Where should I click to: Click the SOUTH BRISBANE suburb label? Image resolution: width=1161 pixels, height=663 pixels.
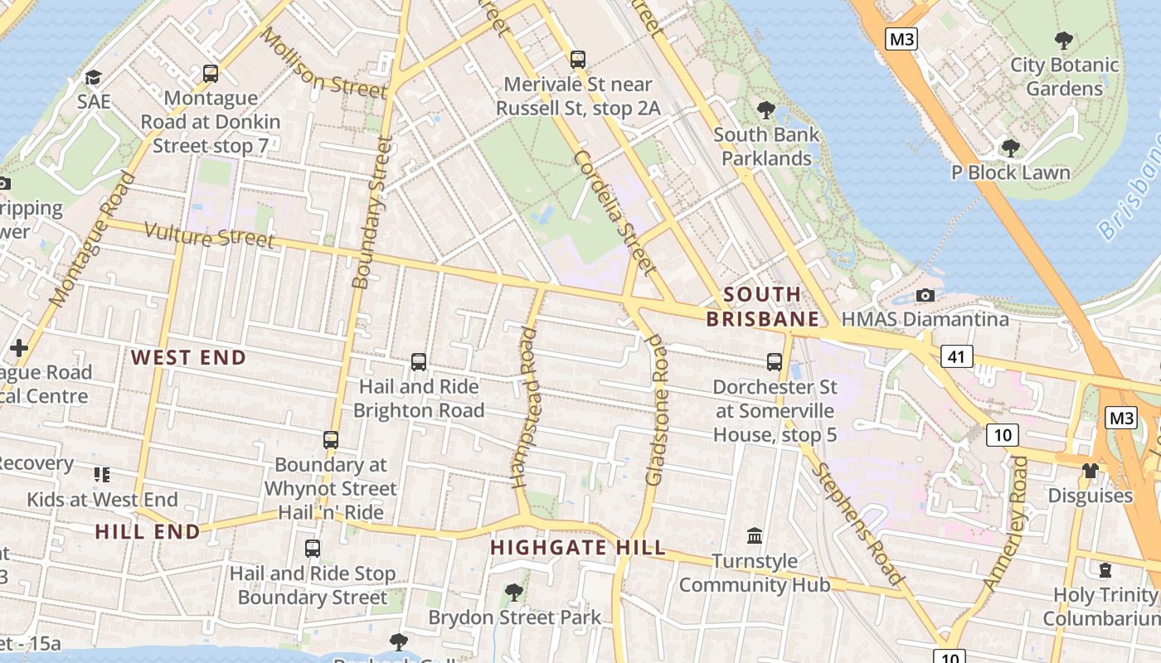[762, 307]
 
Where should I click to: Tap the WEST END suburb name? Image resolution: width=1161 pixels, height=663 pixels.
[189, 358]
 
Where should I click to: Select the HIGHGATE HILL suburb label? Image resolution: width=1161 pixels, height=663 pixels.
[578, 548]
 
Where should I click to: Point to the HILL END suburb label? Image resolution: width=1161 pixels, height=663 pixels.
[148, 532]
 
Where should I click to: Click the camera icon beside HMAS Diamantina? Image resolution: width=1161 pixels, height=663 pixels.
[925, 296]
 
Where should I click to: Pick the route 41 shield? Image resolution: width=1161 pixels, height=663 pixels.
[957, 357]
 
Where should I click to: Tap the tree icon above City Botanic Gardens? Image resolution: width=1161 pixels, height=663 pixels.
[1062, 40]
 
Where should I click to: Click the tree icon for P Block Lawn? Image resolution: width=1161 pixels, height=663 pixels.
[1010, 148]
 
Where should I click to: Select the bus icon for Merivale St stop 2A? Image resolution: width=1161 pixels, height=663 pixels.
[577, 60]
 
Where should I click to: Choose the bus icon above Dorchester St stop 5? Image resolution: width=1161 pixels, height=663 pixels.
[775, 362]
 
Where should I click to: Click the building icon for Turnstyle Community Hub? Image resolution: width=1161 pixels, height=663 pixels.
[755, 536]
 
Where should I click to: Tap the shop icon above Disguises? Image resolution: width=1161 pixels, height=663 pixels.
[1090, 471]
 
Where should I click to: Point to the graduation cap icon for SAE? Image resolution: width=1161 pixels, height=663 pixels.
[93, 78]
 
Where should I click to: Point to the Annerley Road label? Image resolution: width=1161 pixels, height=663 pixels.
[1006, 524]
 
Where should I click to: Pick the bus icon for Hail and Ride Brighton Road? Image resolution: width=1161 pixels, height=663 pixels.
[419, 362]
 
